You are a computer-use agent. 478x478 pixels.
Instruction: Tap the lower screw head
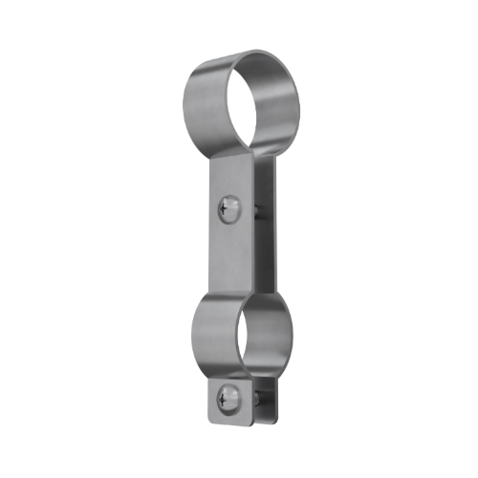click(227, 396)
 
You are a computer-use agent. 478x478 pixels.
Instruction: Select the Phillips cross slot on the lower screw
click(227, 396)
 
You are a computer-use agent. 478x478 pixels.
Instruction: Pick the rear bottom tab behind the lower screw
click(267, 402)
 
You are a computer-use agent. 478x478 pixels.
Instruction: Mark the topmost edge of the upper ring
click(250, 54)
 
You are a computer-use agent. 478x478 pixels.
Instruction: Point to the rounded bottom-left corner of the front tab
click(212, 419)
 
